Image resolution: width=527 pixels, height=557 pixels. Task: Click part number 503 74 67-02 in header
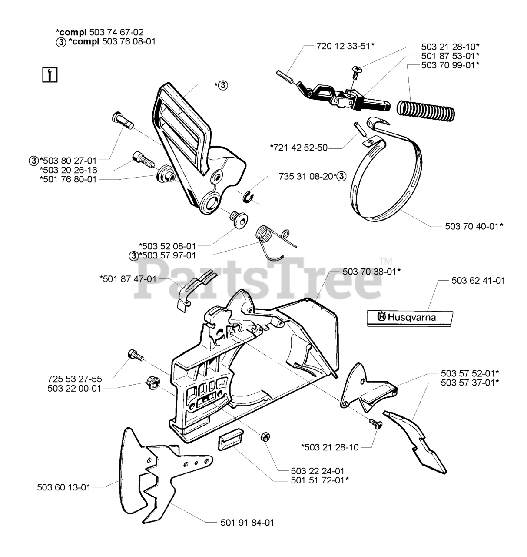pos(116,32)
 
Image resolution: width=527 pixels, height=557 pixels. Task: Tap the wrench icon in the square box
pos(51,75)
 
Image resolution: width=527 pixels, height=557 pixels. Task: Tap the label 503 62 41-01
pos(478,281)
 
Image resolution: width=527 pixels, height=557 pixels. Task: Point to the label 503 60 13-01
pos(64,487)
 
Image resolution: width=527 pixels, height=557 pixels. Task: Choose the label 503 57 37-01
pos(469,382)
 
